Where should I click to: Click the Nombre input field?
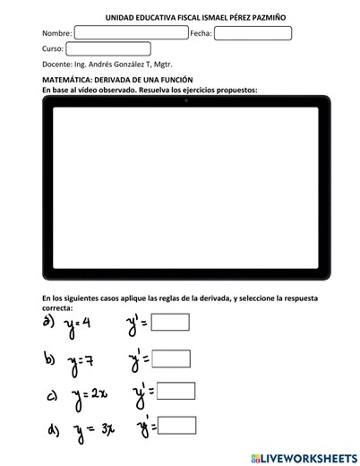pos(131,33)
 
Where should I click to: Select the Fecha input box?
pos(253,33)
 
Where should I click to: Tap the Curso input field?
pos(99,48)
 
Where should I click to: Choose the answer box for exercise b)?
pos(172,358)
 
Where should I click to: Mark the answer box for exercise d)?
pos(176,425)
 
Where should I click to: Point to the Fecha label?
pos(201,33)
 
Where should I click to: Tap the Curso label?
pos(53,48)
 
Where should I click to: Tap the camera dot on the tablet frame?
pos(185,99)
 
